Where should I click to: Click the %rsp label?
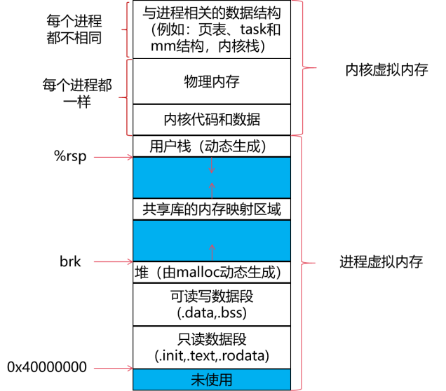(x=70, y=156)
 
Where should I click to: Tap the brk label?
(x=70, y=262)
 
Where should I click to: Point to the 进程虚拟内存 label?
(x=381, y=262)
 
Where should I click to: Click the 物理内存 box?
(x=211, y=81)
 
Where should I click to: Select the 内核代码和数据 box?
(x=211, y=119)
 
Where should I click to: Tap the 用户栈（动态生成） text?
(x=210, y=146)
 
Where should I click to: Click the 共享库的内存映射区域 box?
(x=211, y=209)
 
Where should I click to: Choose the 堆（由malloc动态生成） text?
(x=211, y=272)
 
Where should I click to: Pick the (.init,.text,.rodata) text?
(x=211, y=355)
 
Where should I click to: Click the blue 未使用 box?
(x=211, y=379)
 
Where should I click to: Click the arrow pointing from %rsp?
(x=112, y=157)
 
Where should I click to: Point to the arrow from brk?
(x=112, y=263)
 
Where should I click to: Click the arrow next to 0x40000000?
(x=112, y=367)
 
